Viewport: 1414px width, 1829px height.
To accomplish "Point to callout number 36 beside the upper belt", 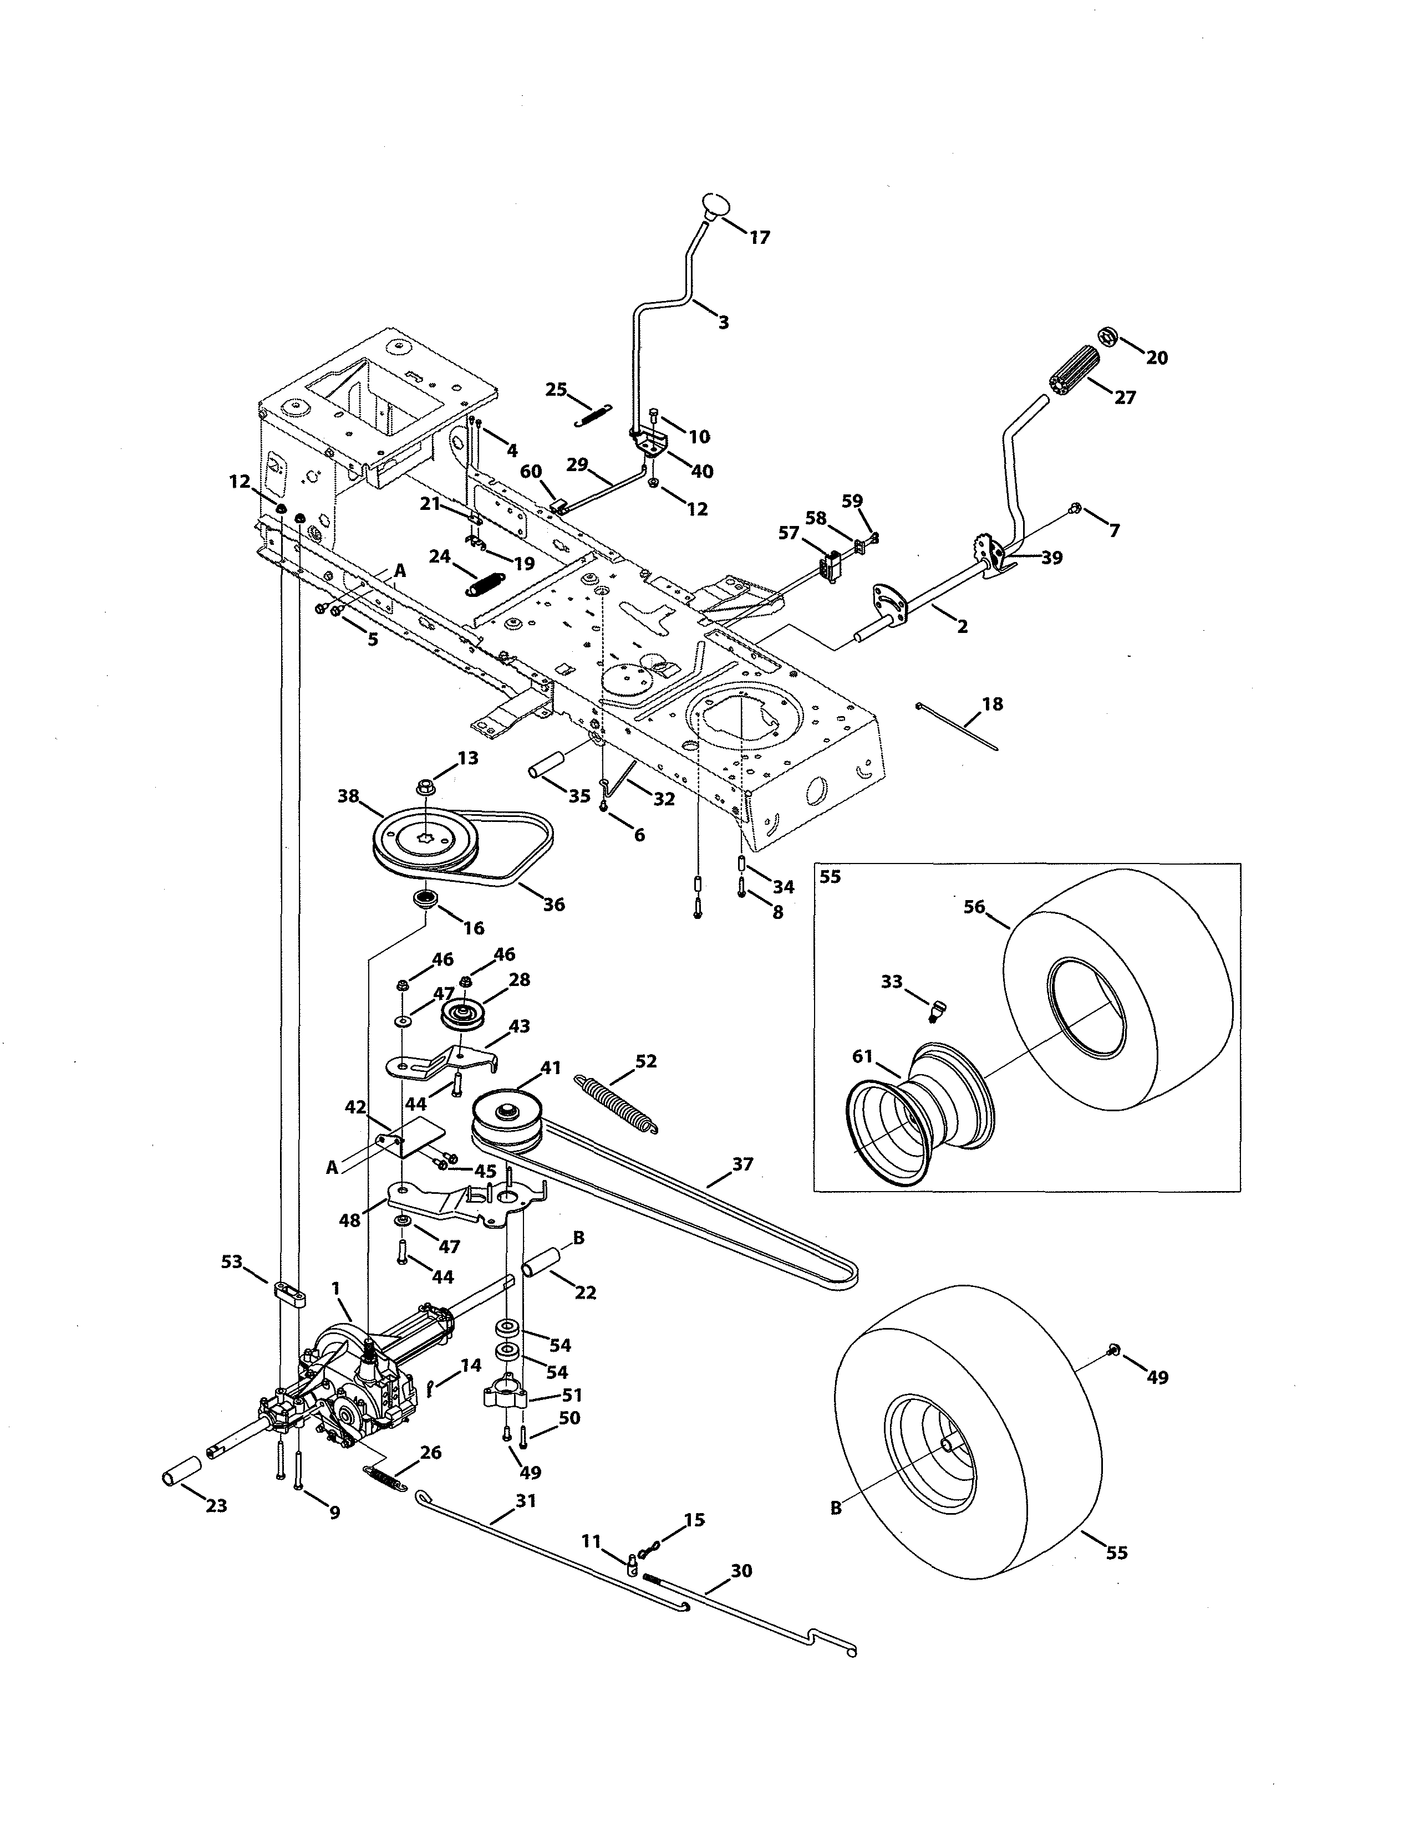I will (x=554, y=905).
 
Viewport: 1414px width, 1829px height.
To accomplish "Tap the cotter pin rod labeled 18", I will (x=958, y=728).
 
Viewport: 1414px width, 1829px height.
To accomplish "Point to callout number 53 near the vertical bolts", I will (x=231, y=1261).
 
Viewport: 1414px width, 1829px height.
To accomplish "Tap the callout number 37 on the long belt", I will (x=742, y=1164).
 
